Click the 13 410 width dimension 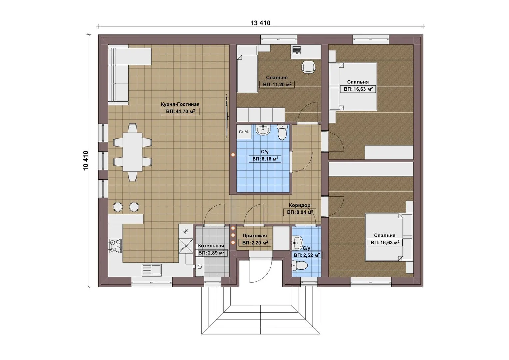[260, 23]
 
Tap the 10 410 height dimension [86, 161]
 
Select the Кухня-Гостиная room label [180, 104]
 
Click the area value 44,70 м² [180, 112]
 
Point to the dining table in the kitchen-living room [133, 152]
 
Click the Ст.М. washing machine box [244, 132]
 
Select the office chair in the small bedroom [309, 68]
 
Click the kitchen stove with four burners [115, 246]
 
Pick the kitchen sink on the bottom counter [152, 270]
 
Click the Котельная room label [211, 246]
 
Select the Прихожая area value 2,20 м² [255, 243]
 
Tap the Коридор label [300, 205]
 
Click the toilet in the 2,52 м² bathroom [299, 265]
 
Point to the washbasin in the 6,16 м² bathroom [263, 130]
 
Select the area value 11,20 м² [277, 85]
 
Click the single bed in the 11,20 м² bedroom [247, 69]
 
